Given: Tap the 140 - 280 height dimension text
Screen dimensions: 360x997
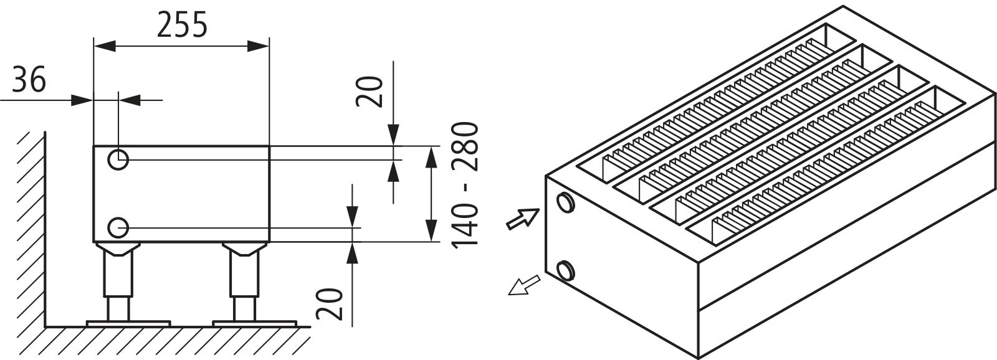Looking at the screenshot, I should click(465, 184).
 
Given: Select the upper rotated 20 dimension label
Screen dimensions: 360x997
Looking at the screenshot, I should click(371, 92).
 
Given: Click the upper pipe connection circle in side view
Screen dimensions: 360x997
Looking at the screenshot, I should click(118, 160).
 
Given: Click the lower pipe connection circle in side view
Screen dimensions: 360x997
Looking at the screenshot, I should click(118, 227).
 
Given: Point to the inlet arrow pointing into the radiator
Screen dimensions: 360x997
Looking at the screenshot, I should click(523, 219).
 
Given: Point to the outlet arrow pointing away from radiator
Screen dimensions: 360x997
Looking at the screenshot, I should click(522, 286).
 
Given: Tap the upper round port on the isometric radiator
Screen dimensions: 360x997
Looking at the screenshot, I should click(566, 202).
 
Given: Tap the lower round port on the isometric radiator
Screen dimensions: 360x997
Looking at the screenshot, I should click(566, 270).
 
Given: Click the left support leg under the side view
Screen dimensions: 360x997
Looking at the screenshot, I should click(118, 280).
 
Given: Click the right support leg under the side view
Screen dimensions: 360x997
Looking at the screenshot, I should click(243, 280).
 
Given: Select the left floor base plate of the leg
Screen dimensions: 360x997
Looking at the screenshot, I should click(128, 323).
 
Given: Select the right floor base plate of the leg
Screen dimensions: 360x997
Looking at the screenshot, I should click(254, 323).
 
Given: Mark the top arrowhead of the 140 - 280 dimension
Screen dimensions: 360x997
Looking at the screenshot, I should click(431, 155).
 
